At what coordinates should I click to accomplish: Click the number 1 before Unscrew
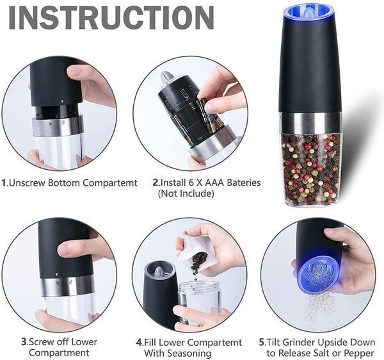tap(4, 183)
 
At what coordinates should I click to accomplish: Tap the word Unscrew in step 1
tap(28, 183)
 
